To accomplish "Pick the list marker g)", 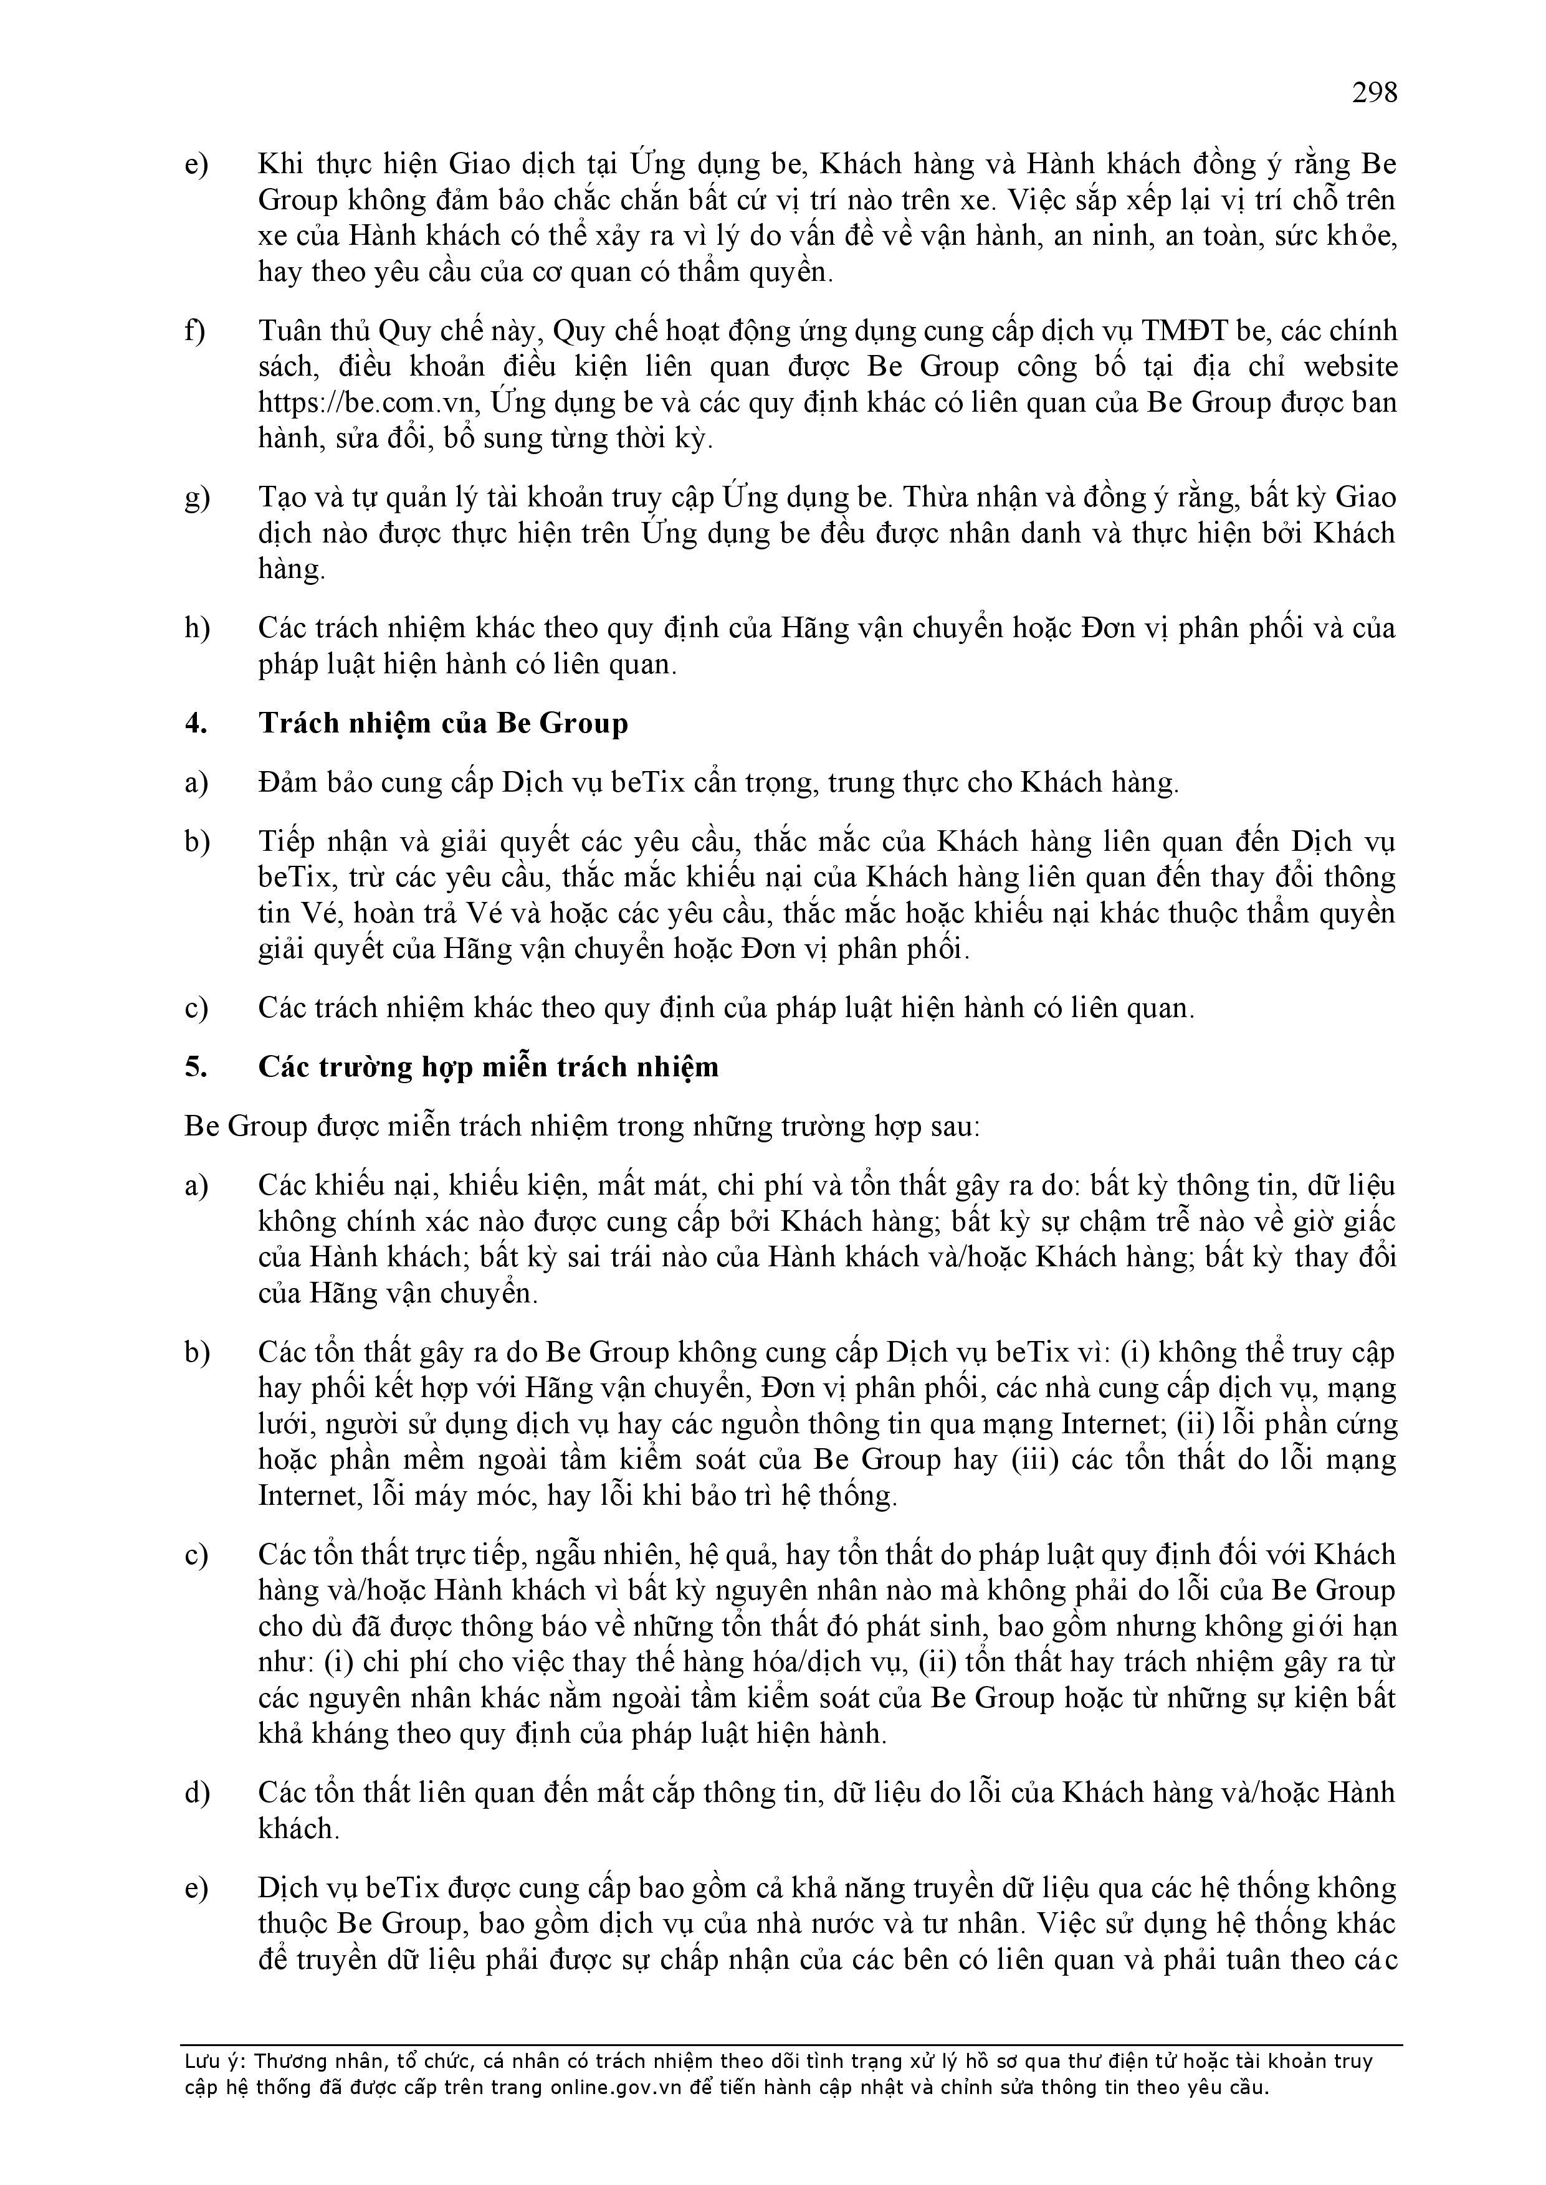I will [196, 498].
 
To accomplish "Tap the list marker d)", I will [196, 1793].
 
